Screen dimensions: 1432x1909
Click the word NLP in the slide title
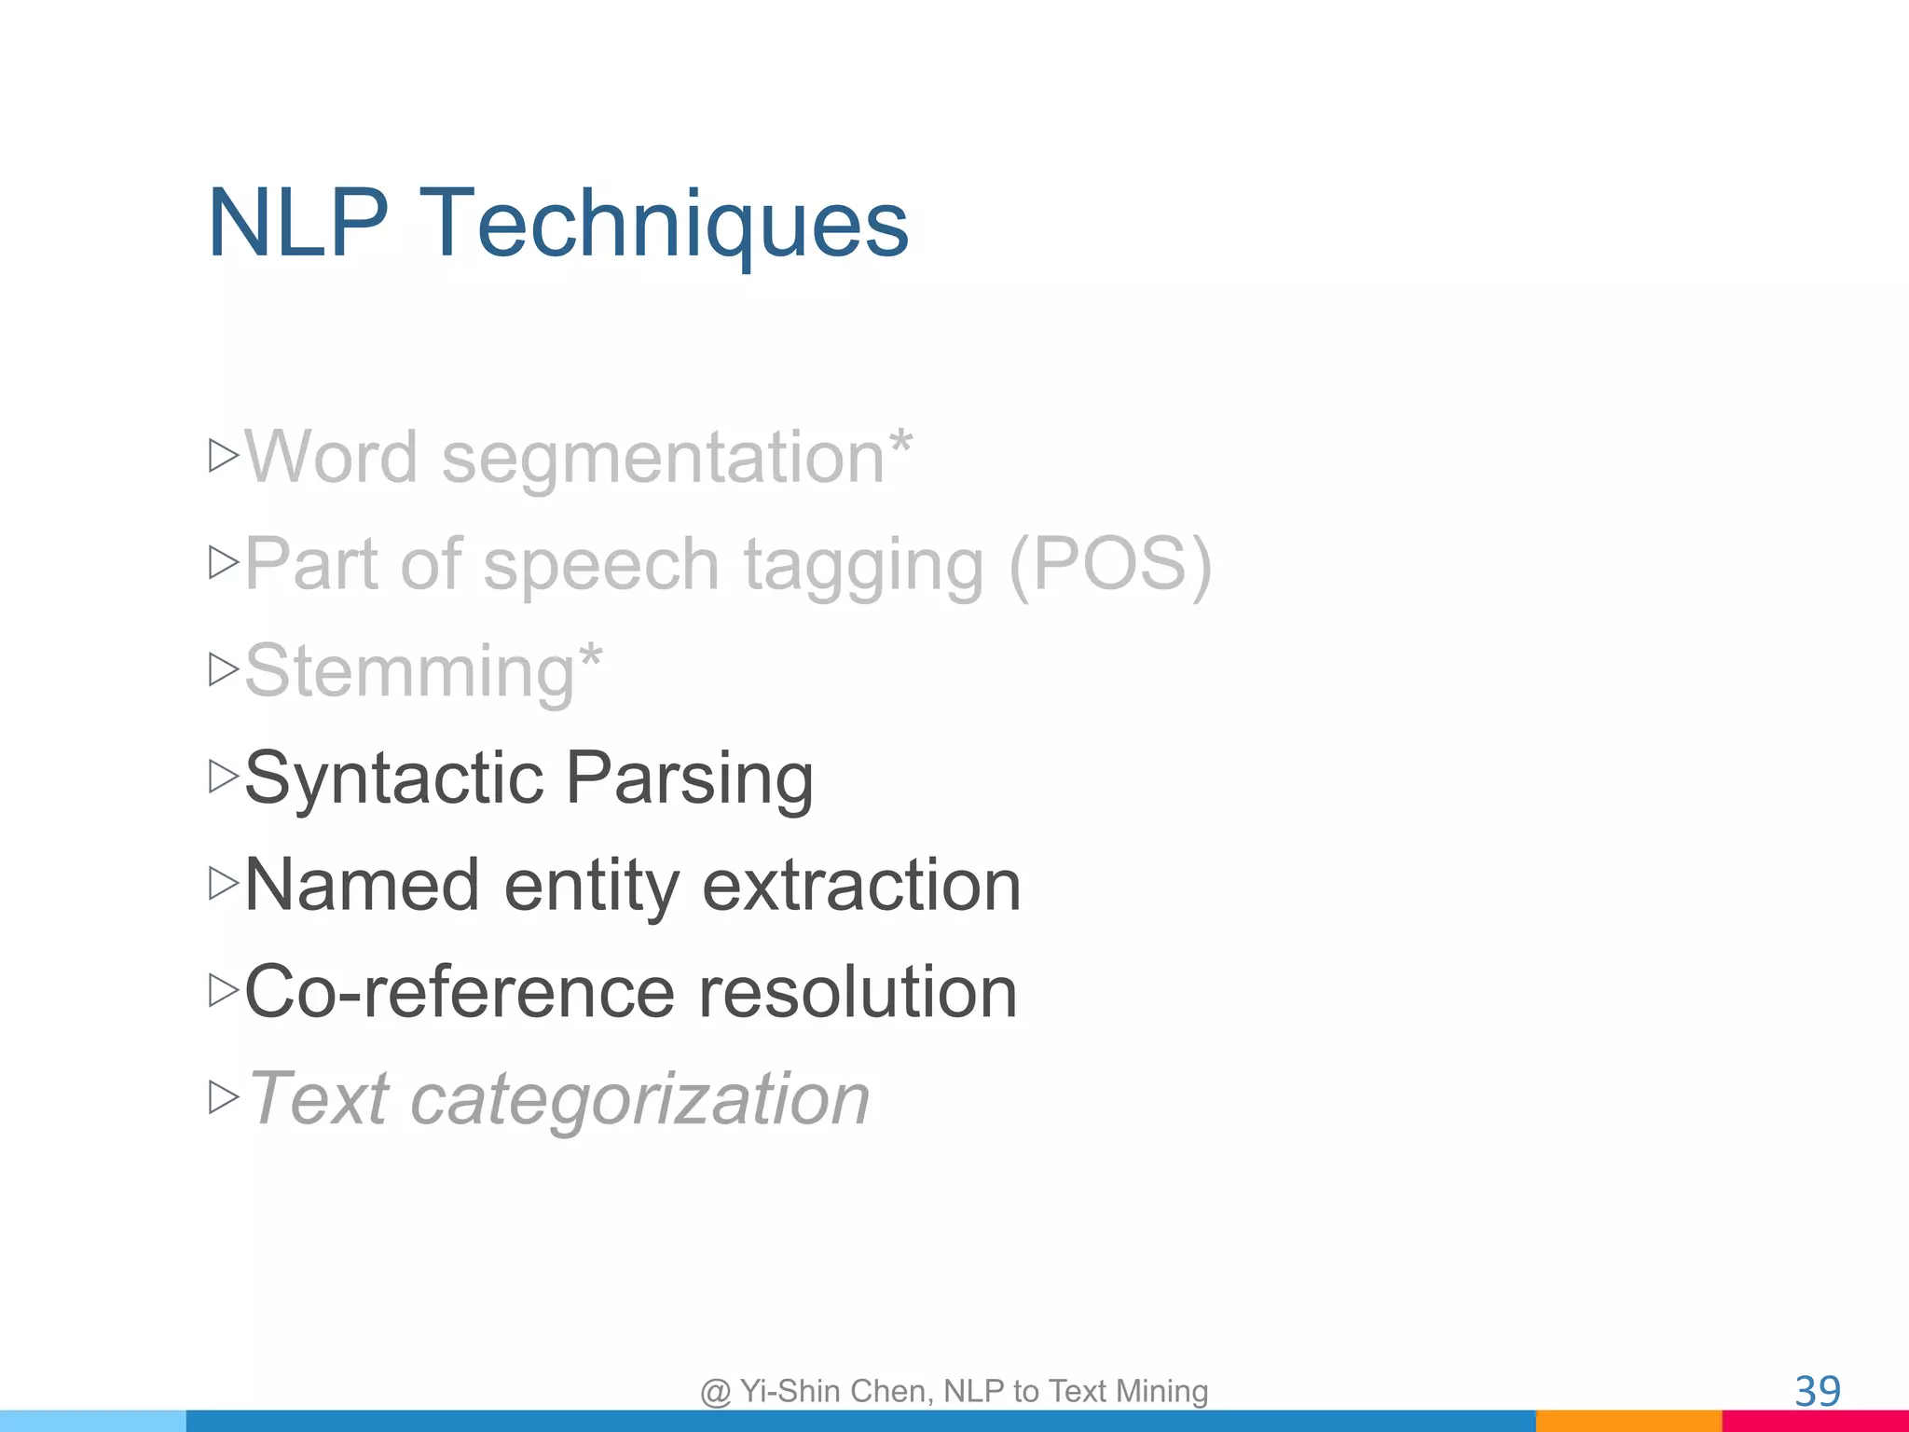[x=297, y=224]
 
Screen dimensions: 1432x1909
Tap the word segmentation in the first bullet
[x=663, y=459]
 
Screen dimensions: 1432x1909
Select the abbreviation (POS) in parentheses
[x=1109, y=566]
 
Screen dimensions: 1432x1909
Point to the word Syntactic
[x=394, y=778]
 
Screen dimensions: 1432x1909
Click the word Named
[x=363, y=885]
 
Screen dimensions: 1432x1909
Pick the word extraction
[x=861, y=885]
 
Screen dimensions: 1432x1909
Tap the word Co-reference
[x=460, y=992]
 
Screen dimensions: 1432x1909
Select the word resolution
[x=858, y=992]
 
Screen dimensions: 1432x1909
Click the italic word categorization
[x=639, y=1100]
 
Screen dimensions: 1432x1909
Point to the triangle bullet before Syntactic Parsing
[x=224, y=776]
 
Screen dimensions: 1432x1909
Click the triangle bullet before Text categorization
[x=224, y=1097]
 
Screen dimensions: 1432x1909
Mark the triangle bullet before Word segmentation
[x=224, y=455]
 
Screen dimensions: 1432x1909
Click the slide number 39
[x=1817, y=1392]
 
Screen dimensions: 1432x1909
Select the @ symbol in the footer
[x=715, y=1392]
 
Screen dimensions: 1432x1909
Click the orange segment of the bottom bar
[x=1628, y=1421]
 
